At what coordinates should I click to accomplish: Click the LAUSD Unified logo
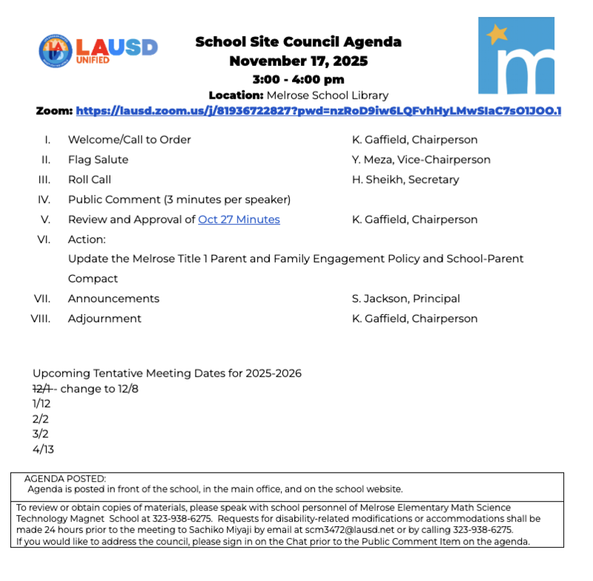coord(98,50)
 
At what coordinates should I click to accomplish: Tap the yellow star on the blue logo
coord(497,34)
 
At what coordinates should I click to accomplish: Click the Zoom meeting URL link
coord(318,111)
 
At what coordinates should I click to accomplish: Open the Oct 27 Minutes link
coord(239,219)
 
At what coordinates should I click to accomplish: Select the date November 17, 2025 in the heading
coord(298,61)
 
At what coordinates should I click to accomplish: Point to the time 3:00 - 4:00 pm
coord(298,79)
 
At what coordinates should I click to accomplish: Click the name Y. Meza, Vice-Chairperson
coord(420,159)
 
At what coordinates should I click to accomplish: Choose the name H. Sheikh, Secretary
coord(405,179)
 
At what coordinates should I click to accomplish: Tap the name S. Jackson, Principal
coord(405,299)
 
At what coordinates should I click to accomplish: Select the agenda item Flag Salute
coord(98,159)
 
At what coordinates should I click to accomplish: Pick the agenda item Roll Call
coord(90,179)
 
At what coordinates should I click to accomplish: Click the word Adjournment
coord(105,319)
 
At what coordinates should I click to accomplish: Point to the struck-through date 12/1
coord(42,389)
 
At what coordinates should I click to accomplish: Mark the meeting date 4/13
coord(43,449)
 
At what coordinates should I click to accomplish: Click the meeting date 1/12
coord(42,404)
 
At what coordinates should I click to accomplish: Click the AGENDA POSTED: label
coord(65,479)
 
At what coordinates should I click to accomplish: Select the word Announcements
coord(113,299)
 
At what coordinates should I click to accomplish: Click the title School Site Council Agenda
coord(298,41)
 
